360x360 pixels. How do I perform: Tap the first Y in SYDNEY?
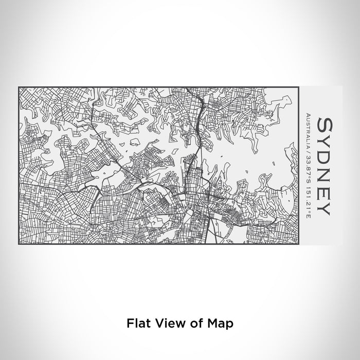(325, 140)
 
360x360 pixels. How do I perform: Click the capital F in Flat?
(129, 309)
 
